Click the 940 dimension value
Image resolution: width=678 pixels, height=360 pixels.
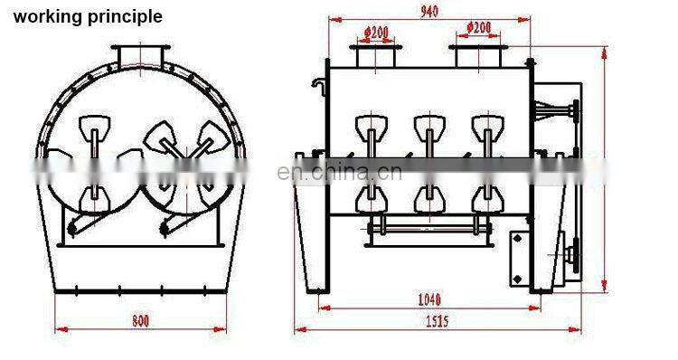[429, 11]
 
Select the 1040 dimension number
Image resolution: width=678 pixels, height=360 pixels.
[429, 299]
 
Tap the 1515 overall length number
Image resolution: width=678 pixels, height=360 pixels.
[438, 321]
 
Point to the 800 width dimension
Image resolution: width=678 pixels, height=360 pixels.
[140, 320]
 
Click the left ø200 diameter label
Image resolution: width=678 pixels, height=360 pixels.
[376, 32]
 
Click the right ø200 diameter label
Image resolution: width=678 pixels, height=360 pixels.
[478, 28]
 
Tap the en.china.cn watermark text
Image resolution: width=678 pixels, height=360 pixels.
[339, 172]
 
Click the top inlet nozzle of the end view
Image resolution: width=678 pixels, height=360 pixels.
[140, 55]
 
